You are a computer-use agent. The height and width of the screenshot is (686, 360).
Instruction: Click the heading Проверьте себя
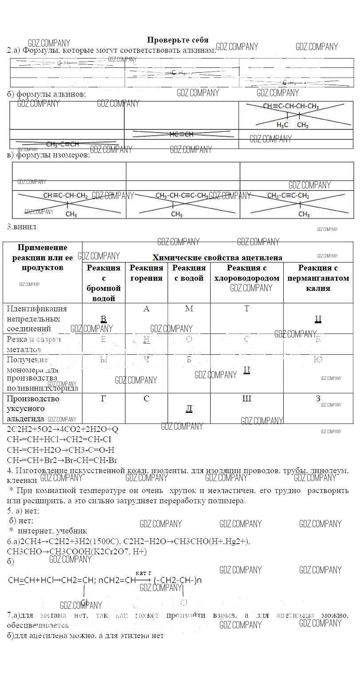pyautogui.click(x=177, y=40)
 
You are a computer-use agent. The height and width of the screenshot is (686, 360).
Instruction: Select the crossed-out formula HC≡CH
pyautogui.click(x=181, y=134)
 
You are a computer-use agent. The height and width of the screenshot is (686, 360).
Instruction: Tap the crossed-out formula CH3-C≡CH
pyautogui.click(x=62, y=144)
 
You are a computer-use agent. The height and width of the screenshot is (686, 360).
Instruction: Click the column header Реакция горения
pyautogui.click(x=146, y=273)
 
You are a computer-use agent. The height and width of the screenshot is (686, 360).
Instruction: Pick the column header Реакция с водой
pyautogui.click(x=189, y=273)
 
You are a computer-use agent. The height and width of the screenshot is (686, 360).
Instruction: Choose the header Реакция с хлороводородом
pyautogui.click(x=247, y=273)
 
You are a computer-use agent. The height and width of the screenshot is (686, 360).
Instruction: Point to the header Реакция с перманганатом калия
pyautogui.click(x=318, y=278)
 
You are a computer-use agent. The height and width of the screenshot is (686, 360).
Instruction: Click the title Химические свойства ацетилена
pyautogui.click(x=217, y=257)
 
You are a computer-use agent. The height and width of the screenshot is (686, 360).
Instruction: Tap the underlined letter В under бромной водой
pyautogui.click(x=103, y=319)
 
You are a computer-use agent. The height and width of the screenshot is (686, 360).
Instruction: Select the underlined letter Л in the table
pyautogui.click(x=189, y=408)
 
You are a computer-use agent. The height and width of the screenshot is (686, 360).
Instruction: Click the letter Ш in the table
pyautogui.click(x=247, y=399)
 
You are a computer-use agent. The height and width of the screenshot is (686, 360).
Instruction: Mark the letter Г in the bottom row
pyautogui.click(x=103, y=399)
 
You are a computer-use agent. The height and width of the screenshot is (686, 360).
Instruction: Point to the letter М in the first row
pyautogui.click(x=189, y=309)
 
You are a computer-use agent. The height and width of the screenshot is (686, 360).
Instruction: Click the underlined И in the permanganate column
pyautogui.click(x=318, y=319)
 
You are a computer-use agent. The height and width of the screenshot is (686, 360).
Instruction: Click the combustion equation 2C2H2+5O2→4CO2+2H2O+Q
pyautogui.click(x=63, y=429)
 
